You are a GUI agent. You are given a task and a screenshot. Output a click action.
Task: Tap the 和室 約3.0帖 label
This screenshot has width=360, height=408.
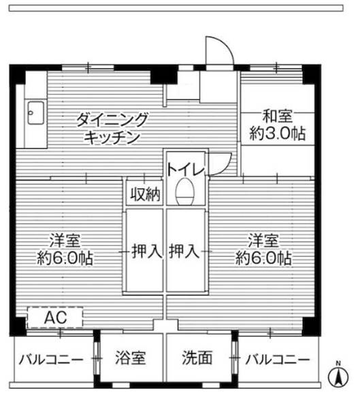coord(276,125)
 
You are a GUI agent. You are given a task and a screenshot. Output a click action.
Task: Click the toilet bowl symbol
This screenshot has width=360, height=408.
coord(184,193)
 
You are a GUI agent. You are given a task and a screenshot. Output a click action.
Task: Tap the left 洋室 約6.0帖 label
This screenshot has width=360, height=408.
coord(65,249)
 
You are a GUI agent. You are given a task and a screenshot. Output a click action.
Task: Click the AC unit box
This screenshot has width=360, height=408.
coord(54,318)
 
